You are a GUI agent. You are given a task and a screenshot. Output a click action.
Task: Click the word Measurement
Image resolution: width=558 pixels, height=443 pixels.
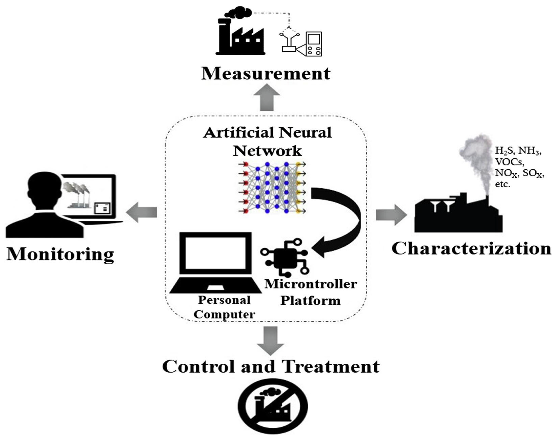[x=266, y=73]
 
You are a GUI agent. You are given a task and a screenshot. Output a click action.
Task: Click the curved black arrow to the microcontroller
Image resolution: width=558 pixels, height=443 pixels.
[x=347, y=220]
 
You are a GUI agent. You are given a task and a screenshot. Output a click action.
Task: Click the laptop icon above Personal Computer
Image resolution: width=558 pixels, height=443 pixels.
[x=215, y=262]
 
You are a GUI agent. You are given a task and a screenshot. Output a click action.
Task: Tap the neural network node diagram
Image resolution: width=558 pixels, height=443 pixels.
[x=272, y=188]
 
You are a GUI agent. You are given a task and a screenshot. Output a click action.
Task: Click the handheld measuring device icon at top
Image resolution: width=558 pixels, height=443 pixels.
[x=313, y=44]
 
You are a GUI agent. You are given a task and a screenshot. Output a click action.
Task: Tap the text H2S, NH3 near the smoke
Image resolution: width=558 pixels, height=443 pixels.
[x=518, y=151]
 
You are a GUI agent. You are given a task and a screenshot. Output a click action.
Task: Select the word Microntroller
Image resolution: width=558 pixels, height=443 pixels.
[x=311, y=284]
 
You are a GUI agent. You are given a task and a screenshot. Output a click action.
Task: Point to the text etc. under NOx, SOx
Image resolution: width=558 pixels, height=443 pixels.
[x=502, y=185]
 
